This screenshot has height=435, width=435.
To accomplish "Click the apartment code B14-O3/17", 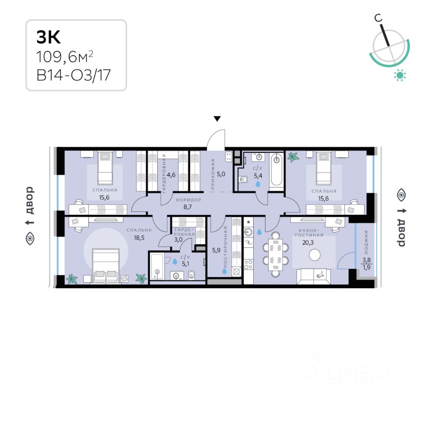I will point(73,75).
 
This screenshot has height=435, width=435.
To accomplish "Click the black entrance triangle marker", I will point(217,119).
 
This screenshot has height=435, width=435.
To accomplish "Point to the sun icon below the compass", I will point(400,76).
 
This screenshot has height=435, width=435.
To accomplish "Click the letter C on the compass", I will point(377,18).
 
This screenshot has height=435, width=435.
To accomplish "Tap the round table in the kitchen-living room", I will point(314,255).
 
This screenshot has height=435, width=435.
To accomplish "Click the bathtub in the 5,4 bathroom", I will point(276,172).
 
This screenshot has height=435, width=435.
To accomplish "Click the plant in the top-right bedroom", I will point(293,157).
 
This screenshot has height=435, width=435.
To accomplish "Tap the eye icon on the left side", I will point(30,239).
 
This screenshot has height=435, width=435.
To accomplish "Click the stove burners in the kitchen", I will point(248,263).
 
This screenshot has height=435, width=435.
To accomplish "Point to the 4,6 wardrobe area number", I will point(171,174).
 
